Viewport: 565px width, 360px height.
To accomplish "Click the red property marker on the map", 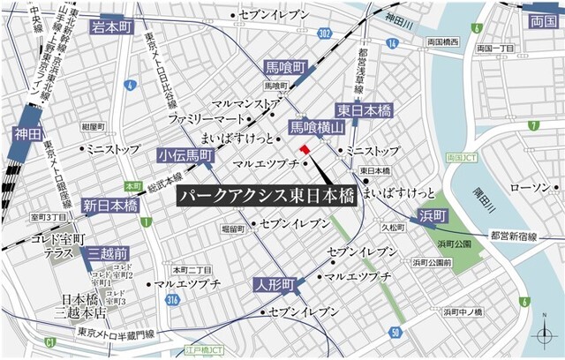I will coord(305,151).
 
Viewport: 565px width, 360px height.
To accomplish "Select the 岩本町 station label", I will coord(110,27).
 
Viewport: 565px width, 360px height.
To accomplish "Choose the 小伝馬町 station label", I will coord(185,155).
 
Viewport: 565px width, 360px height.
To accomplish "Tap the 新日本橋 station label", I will coord(111,206).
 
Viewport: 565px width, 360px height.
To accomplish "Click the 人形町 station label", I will coord(272,284).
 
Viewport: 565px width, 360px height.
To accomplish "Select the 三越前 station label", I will coord(109,256).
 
